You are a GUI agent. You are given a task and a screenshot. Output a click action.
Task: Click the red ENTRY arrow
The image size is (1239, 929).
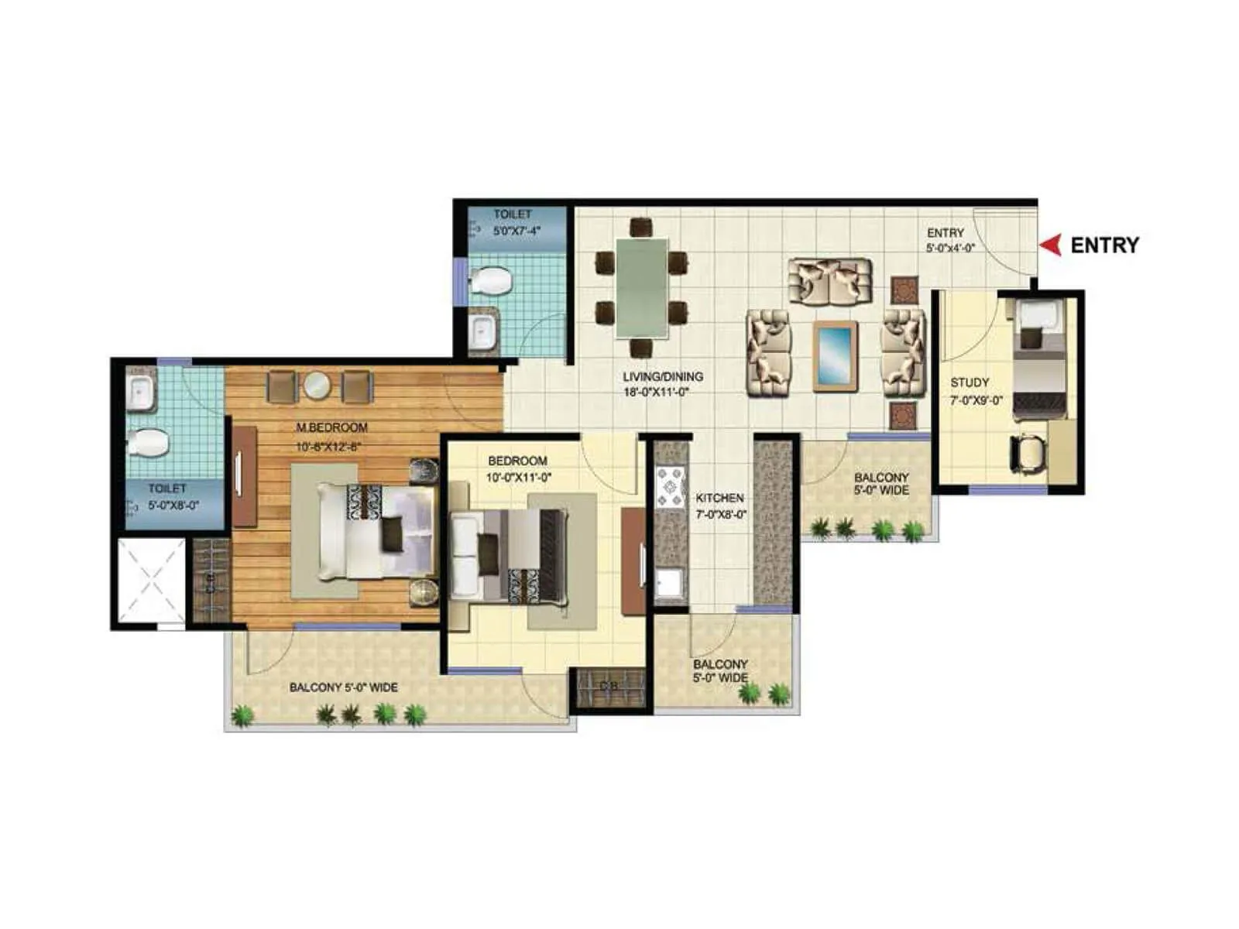[x=1049, y=245]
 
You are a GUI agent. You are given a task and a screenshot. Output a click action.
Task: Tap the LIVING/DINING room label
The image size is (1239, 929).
[x=663, y=377]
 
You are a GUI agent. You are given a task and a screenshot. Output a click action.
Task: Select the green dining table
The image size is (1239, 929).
[x=642, y=287]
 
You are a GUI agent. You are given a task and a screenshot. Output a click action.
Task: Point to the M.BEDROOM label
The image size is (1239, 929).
[x=332, y=427]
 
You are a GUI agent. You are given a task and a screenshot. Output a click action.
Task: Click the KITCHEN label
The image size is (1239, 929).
[x=719, y=498]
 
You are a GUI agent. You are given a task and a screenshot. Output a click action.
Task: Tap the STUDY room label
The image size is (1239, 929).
[x=970, y=382]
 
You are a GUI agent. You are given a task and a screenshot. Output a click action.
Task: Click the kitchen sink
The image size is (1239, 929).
[x=670, y=584]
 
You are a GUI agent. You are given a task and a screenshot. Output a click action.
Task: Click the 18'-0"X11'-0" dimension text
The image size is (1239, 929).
[x=657, y=393]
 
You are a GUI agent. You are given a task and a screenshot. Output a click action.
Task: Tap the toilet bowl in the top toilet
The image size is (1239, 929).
[x=491, y=281]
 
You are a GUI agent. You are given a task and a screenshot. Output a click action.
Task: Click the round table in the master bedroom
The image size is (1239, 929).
[x=317, y=385]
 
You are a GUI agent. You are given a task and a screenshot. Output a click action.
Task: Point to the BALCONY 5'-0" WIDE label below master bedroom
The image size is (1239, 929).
[x=344, y=687]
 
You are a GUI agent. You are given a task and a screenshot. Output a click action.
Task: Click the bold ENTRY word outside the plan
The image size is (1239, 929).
[x=1104, y=245]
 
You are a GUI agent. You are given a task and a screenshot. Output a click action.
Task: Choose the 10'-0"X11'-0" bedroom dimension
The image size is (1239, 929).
[x=519, y=478]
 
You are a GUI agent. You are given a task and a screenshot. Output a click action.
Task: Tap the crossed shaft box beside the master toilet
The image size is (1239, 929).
[x=152, y=579]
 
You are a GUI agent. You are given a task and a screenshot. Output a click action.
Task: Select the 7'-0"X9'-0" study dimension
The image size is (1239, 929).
[x=976, y=401]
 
